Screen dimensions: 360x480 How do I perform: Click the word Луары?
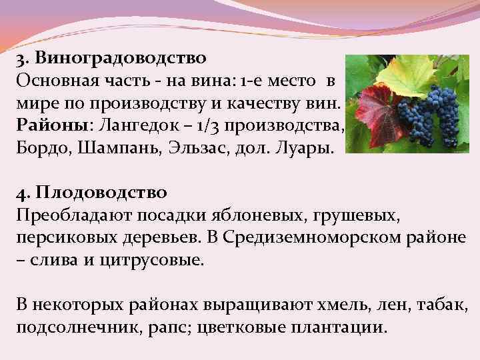307,146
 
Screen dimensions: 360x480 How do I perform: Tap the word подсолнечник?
75,328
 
